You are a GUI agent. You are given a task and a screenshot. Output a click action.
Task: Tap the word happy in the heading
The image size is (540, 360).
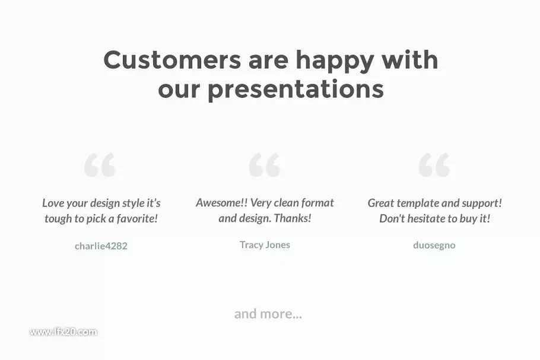pos(335,61)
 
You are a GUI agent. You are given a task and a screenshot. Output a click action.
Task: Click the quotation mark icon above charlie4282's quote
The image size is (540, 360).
pos(100,165)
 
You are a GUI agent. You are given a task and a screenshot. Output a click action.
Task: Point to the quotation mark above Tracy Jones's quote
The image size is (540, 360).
pos(265,165)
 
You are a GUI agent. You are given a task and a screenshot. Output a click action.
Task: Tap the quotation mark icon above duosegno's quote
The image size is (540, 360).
pos(434,165)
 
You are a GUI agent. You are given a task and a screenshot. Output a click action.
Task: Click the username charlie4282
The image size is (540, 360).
pos(101,246)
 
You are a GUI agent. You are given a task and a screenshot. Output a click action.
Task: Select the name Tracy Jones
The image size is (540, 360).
pos(265,245)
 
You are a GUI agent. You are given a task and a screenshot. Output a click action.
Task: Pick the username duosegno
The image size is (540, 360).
pos(434,245)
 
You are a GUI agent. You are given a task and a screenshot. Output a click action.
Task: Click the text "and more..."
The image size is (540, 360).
pos(268,314)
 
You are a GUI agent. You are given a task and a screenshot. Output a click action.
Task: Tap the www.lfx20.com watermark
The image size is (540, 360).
pos(63,332)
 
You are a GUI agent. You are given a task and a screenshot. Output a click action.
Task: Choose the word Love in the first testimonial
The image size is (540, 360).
pos(53,203)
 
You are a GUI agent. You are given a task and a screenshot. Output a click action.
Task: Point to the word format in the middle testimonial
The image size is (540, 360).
pos(317,203)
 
